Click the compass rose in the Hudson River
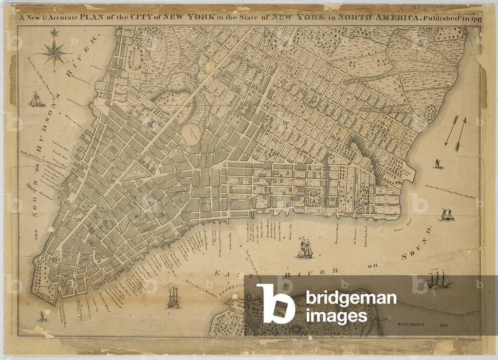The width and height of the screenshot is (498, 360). click(54, 51)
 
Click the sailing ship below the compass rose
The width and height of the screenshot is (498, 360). click(37, 100)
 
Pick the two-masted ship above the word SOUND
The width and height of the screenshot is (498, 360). click(446, 214)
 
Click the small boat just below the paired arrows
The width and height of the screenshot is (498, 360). click(438, 164)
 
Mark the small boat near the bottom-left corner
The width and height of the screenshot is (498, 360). click(43, 317)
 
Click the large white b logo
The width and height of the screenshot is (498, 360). click(276, 304)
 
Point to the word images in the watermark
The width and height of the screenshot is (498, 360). click(336, 316)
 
